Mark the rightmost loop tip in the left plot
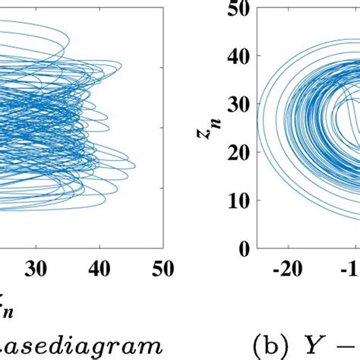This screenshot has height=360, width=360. pyautogui.click(x=135, y=165)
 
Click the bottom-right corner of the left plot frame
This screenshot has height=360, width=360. pyautogui.click(x=162, y=248)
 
